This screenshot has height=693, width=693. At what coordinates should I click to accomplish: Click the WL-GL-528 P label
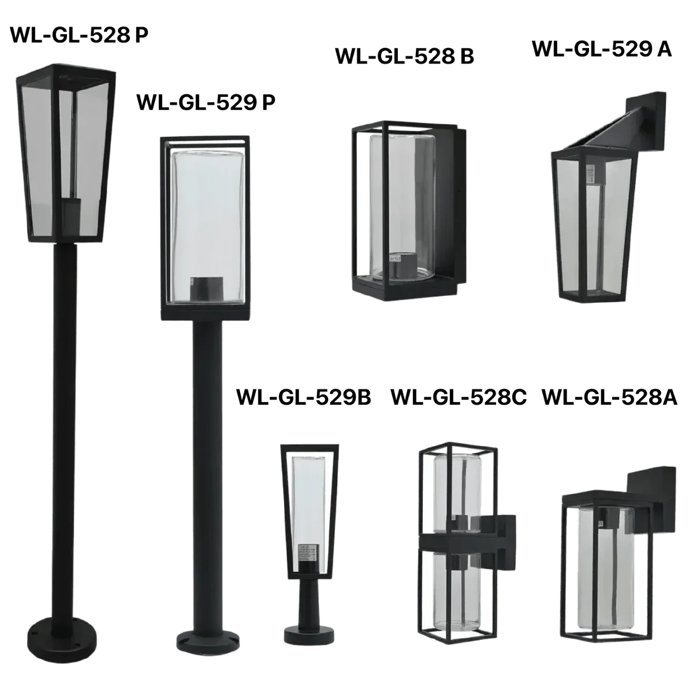(x=79, y=35)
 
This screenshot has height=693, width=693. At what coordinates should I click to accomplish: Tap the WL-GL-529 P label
(x=206, y=102)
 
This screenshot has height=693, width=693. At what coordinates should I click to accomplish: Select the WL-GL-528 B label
(x=405, y=57)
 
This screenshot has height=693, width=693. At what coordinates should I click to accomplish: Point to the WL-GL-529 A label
(x=602, y=49)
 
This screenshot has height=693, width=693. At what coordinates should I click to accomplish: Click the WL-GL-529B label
(x=304, y=397)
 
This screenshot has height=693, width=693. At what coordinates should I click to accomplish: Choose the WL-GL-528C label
(x=459, y=397)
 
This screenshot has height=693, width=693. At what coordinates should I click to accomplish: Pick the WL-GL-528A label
(x=610, y=397)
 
